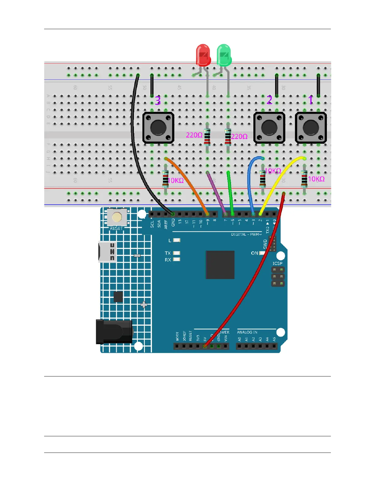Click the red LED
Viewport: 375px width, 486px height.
point(203,55)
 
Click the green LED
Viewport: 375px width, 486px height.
point(224,55)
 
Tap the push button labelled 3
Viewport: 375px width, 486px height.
point(158,128)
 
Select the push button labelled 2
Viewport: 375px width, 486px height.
point(269,128)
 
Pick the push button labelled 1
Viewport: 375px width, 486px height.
point(311,128)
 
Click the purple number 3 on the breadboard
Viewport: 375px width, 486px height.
point(158,101)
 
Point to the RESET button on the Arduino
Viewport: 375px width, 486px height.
point(116,217)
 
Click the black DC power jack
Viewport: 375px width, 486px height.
point(114,332)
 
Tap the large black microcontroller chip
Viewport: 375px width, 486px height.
point(220,264)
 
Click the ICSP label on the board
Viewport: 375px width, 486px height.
point(277,263)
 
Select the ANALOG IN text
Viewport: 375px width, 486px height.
point(247,332)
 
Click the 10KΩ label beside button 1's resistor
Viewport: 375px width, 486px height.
point(316,179)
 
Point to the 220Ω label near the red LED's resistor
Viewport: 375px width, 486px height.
point(194,135)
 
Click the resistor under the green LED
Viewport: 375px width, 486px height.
point(228,137)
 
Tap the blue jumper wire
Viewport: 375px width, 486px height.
point(249,181)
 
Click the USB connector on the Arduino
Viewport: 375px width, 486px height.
point(107,252)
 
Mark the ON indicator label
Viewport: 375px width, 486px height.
point(254,253)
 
